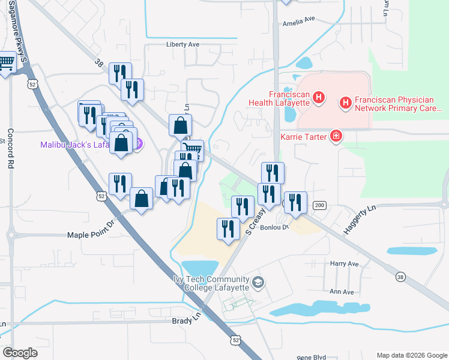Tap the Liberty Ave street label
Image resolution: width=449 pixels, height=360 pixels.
click(x=182, y=44)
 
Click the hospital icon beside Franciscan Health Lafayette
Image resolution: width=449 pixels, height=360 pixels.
click(x=319, y=97)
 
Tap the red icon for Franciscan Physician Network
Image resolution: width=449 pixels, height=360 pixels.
click(x=346, y=103)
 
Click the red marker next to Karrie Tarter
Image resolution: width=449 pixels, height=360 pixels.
click(x=336, y=137)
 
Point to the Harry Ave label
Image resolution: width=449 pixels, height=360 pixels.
click(x=344, y=263)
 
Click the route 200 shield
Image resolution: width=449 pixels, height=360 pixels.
click(x=319, y=206)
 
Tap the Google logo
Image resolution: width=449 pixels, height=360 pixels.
click(x=20, y=353)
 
